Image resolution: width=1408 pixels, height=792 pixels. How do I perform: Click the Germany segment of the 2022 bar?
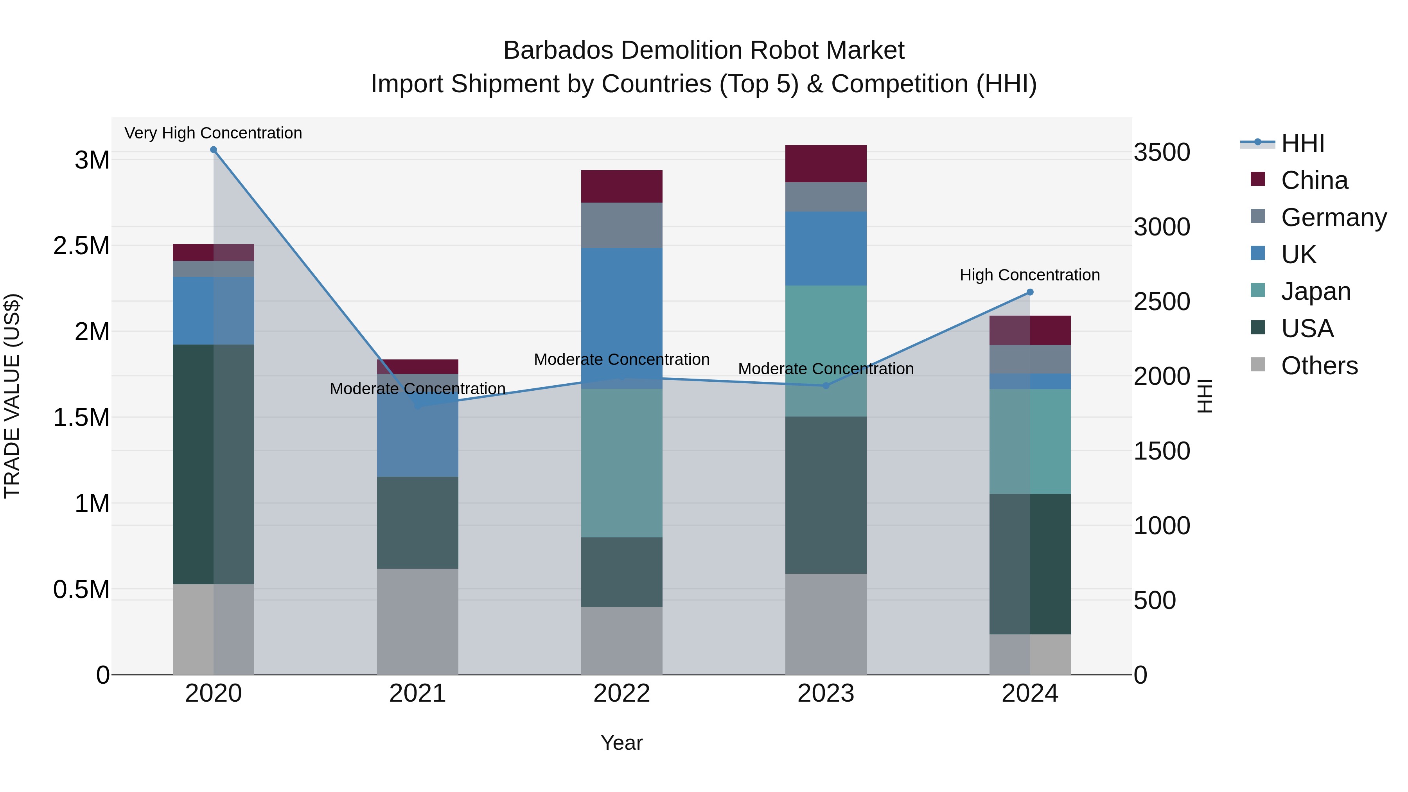point(621,225)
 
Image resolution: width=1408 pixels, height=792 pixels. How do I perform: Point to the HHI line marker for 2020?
point(214,150)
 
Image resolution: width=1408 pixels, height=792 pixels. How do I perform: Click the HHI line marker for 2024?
point(1030,293)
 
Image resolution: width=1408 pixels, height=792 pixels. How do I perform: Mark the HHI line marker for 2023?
point(826,386)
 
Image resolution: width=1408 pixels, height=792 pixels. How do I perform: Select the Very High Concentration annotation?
point(213,133)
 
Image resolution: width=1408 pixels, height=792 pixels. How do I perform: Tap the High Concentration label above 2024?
point(1030,275)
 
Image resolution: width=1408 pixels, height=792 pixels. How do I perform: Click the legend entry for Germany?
point(1333,217)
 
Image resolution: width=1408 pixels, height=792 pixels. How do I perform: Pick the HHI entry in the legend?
point(1302,143)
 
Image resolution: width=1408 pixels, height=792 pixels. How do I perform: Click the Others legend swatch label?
point(1319,366)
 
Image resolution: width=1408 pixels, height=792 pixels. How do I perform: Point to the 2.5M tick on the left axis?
point(81,246)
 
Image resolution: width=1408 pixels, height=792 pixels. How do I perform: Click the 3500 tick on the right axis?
point(1162,152)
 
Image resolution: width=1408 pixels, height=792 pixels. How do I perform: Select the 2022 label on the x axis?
point(621,693)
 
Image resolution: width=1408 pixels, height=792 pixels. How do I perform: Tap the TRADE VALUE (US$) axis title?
point(12,396)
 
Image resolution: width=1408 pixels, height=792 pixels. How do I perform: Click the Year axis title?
point(621,743)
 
